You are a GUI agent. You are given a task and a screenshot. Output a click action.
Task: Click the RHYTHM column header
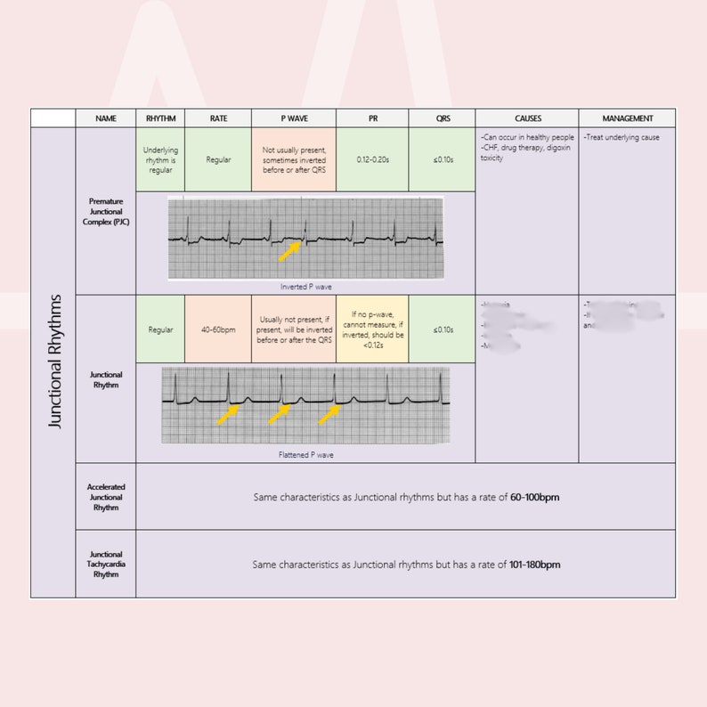160,118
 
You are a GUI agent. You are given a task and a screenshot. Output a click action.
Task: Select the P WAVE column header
293,118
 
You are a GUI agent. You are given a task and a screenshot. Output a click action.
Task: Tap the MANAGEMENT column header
627,118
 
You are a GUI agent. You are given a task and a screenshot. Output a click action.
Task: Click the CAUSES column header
527,118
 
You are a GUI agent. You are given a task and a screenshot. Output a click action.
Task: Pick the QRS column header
442,118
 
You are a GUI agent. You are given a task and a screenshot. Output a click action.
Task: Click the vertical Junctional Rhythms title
55,361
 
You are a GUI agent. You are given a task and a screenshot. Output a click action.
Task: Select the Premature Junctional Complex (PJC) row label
106,211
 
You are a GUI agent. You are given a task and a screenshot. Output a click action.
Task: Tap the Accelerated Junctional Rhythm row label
106,497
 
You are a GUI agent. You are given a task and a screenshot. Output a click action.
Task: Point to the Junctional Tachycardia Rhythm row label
106,564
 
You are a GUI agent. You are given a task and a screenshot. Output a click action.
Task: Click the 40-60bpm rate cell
217,329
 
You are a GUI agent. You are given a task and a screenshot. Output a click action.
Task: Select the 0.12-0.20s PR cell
372,159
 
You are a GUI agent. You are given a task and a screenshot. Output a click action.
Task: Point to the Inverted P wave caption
305,287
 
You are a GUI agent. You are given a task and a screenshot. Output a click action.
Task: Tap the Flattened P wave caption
305,454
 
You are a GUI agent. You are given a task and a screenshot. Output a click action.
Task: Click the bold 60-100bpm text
534,497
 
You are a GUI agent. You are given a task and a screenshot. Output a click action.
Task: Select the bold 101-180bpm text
535,565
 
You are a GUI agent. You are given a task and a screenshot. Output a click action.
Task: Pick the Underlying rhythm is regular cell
160,159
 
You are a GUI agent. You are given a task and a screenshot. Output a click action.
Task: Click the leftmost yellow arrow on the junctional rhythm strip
228,414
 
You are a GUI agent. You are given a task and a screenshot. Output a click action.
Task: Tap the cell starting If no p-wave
372,329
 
